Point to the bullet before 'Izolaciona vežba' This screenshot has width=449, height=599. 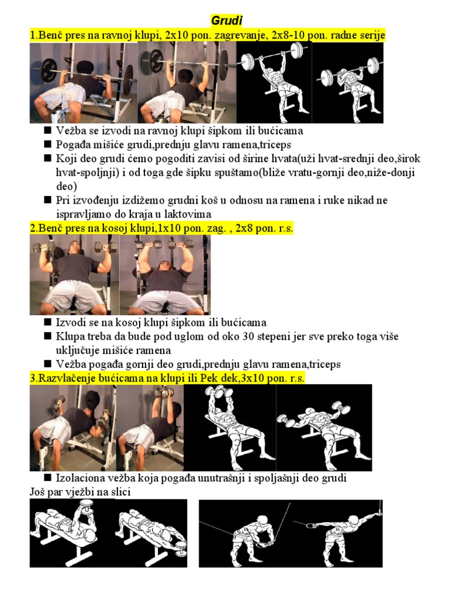(49, 478)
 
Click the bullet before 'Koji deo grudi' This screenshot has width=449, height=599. (49, 159)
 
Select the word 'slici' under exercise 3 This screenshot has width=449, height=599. (118, 493)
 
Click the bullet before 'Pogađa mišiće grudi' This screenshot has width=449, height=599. (49, 144)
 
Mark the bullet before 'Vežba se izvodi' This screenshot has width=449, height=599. (49, 130)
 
